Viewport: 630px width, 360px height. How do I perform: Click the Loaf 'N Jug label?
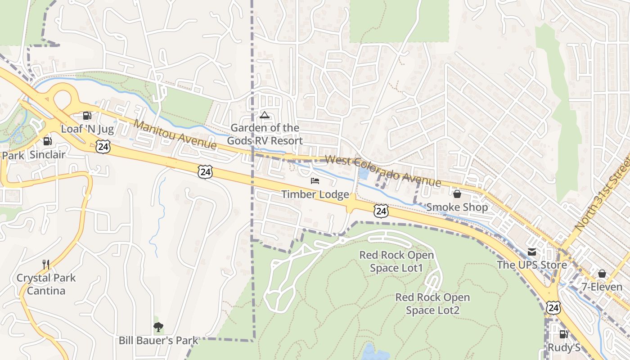click(x=87, y=129)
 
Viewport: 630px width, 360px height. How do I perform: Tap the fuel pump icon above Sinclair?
click(x=47, y=141)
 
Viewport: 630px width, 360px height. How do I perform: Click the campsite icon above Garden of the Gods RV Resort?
click(x=265, y=115)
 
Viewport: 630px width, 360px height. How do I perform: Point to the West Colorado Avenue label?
click(x=382, y=171)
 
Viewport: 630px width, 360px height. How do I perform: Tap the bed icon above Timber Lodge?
click(x=315, y=181)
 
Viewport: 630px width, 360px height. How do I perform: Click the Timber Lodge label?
click(x=315, y=194)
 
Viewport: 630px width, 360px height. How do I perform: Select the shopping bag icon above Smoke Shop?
click(x=457, y=194)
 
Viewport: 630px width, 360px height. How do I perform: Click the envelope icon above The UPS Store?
click(x=532, y=252)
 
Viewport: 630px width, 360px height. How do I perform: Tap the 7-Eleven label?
click(x=602, y=287)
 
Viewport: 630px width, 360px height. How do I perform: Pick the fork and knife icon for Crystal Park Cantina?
click(x=46, y=264)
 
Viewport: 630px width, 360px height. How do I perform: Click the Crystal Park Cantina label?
click(x=46, y=284)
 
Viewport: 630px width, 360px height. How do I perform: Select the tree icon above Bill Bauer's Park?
click(x=158, y=327)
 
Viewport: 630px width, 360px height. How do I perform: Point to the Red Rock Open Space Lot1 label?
click(x=396, y=261)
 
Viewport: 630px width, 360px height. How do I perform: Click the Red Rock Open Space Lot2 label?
click(x=432, y=304)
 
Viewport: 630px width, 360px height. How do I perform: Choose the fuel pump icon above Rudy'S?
click(x=563, y=334)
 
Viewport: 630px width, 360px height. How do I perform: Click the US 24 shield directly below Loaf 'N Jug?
click(x=103, y=146)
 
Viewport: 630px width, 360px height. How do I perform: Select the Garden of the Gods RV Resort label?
click(x=265, y=134)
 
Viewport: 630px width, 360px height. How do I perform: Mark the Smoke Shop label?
click(x=457, y=207)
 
